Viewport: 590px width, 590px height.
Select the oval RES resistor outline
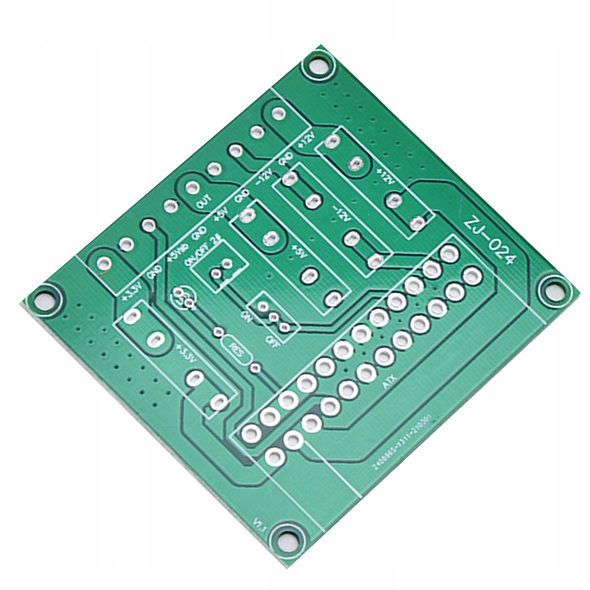click(236, 350)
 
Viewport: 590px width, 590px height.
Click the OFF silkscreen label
click(271, 339)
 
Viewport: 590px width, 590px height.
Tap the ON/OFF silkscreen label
click(196, 252)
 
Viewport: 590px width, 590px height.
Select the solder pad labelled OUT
click(191, 187)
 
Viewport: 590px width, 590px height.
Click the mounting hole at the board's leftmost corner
click(44, 300)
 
